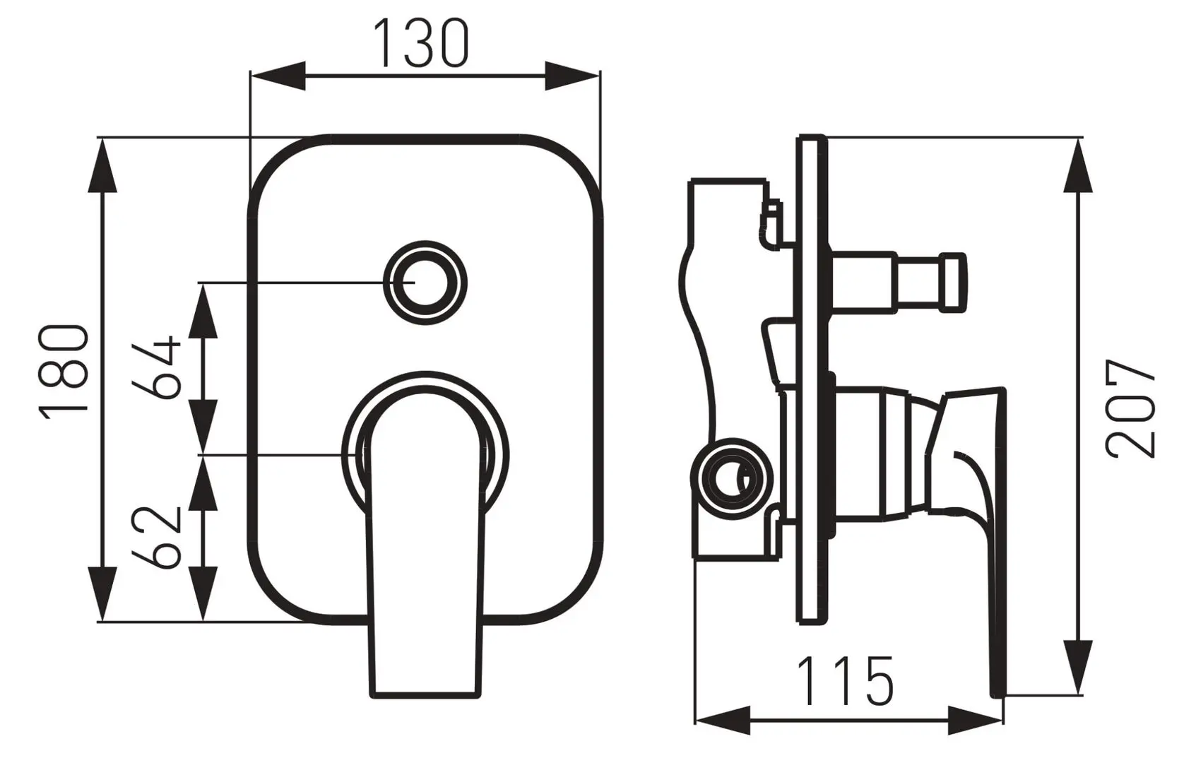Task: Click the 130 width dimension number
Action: click(x=421, y=43)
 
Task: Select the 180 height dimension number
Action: click(x=63, y=373)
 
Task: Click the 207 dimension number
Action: click(x=1130, y=408)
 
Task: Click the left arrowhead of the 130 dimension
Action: click(x=278, y=76)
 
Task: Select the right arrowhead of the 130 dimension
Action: click(x=572, y=76)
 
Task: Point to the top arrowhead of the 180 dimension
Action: click(x=102, y=165)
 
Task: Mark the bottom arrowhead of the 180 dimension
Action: click(x=102, y=593)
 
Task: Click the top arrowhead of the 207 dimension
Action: click(x=1078, y=165)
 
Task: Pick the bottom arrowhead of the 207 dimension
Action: click(x=1078, y=668)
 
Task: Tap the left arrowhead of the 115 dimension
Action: click(x=723, y=721)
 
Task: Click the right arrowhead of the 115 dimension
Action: click(x=976, y=721)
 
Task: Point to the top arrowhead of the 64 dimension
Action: click(x=203, y=311)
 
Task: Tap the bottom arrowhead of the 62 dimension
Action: click(x=203, y=593)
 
